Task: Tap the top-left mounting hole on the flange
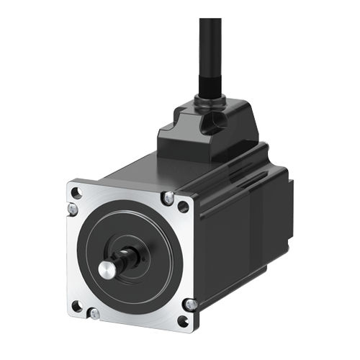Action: coord(77,193)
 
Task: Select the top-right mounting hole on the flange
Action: coord(183,207)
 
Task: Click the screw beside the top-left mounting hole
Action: coord(72,209)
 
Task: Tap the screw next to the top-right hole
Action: coord(168,196)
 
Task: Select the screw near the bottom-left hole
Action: coord(94,313)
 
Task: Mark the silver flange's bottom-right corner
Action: coord(192,326)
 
